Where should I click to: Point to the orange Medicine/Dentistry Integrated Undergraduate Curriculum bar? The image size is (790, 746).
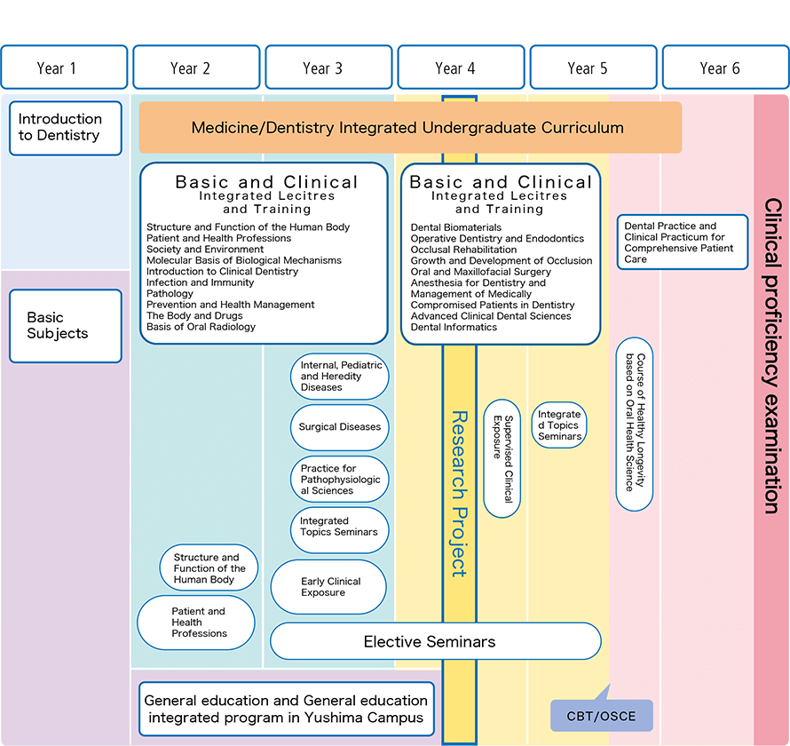[x=409, y=128]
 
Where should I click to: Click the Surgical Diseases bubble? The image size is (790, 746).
[x=339, y=427]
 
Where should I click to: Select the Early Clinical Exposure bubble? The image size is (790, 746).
[x=328, y=587]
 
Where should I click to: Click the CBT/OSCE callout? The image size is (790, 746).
[x=602, y=715]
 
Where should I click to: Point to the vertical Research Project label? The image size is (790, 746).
[x=459, y=493]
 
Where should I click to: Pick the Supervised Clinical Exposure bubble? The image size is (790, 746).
[x=502, y=458]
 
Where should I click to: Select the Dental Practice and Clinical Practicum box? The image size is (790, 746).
[x=683, y=242]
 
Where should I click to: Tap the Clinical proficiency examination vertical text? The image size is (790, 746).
[x=771, y=355]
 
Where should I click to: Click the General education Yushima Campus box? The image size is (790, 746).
[x=286, y=709]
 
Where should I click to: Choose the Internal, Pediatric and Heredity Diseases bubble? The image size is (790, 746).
[x=339, y=377]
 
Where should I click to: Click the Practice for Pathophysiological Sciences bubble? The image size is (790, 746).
[x=339, y=480]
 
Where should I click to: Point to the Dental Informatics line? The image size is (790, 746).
[x=454, y=327]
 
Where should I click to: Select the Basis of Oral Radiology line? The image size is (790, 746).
[x=201, y=327]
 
